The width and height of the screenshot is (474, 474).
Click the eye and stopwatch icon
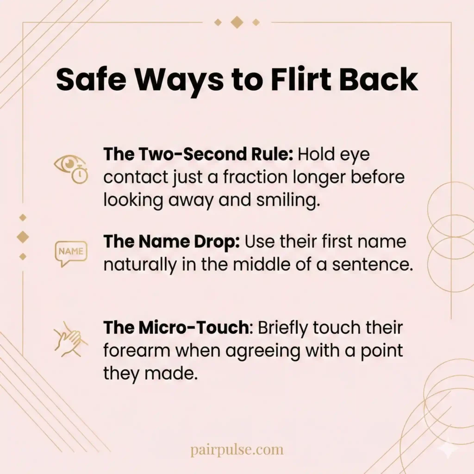(x=71, y=169)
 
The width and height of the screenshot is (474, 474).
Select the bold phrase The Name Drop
(x=171, y=242)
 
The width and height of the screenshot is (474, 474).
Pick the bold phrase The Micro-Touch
(x=175, y=328)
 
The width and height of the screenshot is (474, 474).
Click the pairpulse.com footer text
(x=237, y=449)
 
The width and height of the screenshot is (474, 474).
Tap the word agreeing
(x=252, y=350)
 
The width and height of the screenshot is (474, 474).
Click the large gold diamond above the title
(x=237, y=22)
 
